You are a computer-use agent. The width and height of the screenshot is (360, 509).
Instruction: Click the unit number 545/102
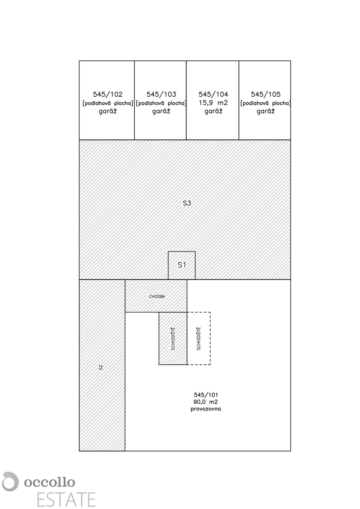(x=107, y=95)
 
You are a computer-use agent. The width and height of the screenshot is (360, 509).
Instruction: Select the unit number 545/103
(x=161, y=95)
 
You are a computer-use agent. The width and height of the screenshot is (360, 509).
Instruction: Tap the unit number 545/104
(x=213, y=95)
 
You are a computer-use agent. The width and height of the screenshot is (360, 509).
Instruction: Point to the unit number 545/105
(x=265, y=95)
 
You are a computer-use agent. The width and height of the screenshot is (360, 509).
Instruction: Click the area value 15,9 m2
(x=213, y=103)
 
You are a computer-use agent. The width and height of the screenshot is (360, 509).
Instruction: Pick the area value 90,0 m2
(x=205, y=402)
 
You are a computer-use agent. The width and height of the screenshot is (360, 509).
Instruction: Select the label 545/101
(x=205, y=394)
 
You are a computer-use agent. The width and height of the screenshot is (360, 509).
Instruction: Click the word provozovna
(x=205, y=409)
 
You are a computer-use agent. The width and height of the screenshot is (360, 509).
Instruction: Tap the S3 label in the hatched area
(x=187, y=203)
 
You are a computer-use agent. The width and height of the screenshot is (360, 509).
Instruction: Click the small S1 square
(x=182, y=266)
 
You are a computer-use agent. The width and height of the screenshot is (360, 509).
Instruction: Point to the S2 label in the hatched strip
(x=101, y=367)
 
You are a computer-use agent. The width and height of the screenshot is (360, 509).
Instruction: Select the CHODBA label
(x=157, y=296)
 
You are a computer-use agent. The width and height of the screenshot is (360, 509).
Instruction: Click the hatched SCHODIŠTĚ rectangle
(x=173, y=338)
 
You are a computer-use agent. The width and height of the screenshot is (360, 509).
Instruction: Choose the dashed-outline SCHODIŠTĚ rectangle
(x=199, y=338)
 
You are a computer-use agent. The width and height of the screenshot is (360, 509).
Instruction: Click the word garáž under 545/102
(x=107, y=111)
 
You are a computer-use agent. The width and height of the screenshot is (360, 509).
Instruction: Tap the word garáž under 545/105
(x=265, y=111)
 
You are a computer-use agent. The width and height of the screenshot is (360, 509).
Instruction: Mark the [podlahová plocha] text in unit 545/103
(x=161, y=103)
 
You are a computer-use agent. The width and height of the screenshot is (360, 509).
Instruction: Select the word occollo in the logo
(x=50, y=482)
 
